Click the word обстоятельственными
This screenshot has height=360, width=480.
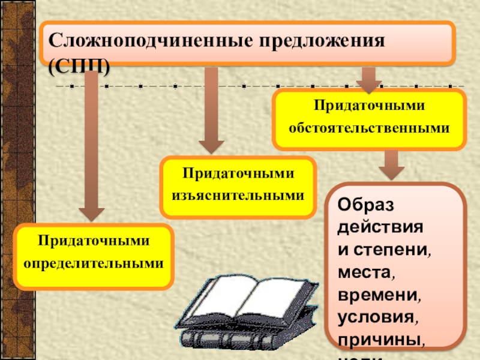369,128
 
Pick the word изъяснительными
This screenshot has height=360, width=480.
238,196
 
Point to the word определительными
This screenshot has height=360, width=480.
94,263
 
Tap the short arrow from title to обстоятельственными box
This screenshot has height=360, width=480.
368,78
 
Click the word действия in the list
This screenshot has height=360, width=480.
380,228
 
